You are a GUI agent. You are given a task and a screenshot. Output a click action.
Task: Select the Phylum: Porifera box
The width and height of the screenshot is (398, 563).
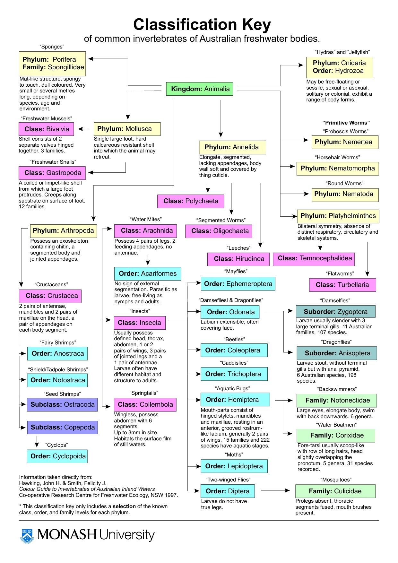point(52,63)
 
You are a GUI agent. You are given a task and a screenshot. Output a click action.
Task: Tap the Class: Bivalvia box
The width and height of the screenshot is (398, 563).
point(46,129)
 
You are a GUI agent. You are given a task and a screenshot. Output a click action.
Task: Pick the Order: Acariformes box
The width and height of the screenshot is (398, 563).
point(148,273)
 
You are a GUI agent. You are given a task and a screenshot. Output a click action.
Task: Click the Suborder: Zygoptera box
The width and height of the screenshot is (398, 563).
point(335,312)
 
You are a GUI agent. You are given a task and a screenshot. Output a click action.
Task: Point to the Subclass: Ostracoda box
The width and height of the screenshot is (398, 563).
point(62,404)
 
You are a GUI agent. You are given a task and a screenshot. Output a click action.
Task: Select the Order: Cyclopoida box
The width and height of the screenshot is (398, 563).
point(57,456)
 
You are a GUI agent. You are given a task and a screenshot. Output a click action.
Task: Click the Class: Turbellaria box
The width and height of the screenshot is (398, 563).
point(342,285)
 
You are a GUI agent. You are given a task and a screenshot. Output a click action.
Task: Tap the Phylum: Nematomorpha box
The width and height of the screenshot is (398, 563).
point(337,169)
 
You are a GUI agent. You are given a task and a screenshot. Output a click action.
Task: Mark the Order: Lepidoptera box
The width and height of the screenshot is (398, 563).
point(234,466)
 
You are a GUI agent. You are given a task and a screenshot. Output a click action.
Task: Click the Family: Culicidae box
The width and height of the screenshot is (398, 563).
point(335,491)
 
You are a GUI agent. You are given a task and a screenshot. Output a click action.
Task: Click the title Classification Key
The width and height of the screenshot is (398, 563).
point(202,24)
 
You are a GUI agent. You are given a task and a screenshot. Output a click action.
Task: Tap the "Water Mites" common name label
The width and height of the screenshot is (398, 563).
point(146,219)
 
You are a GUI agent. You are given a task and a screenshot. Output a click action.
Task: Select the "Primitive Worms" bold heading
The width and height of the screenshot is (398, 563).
point(346,123)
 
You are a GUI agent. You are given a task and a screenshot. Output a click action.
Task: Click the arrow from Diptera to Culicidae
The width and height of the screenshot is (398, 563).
point(275,490)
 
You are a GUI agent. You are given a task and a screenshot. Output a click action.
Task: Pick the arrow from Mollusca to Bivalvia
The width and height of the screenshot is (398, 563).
point(83,129)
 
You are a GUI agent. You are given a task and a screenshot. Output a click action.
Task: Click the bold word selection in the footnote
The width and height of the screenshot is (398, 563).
point(124,506)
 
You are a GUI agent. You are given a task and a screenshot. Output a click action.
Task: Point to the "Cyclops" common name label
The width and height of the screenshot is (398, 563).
point(57,445)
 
